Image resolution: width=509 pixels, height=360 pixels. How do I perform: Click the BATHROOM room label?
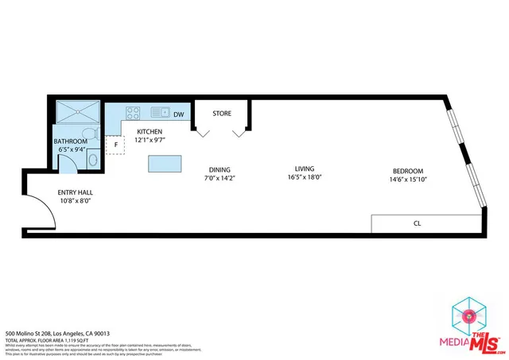tap(70, 141)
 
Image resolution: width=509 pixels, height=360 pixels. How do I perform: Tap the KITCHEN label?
tap(150, 131)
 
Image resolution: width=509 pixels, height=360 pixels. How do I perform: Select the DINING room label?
tap(220, 169)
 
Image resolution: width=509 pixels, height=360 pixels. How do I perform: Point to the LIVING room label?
tap(305, 168)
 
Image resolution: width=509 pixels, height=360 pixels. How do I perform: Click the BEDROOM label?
tap(407, 171)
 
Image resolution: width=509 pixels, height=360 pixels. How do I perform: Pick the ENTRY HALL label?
tap(75, 192)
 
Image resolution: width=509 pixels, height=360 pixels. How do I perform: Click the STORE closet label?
tap(222, 114)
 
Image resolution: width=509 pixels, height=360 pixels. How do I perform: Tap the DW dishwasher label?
tap(179, 114)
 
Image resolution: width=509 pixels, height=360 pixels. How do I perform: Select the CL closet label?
tap(416, 223)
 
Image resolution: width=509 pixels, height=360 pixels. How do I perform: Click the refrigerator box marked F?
tap(116, 145)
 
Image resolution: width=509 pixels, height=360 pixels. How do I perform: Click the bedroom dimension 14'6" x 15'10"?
tap(407, 179)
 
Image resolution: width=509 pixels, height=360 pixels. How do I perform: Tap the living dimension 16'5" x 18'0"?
tap(305, 177)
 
